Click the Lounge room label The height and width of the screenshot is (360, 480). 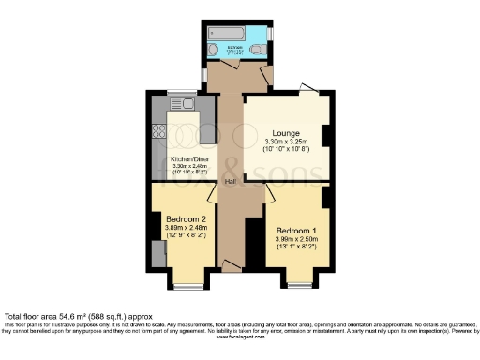click(x=285, y=133)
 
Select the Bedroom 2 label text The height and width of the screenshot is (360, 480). click(x=184, y=217)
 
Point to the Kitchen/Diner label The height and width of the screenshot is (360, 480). click(x=187, y=158)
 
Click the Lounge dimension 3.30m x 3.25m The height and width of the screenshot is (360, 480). click(x=285, y=142)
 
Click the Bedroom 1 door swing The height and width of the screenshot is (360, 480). click(x=268, y=199)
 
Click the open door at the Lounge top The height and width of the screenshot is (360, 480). click(x=307, y=87)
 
